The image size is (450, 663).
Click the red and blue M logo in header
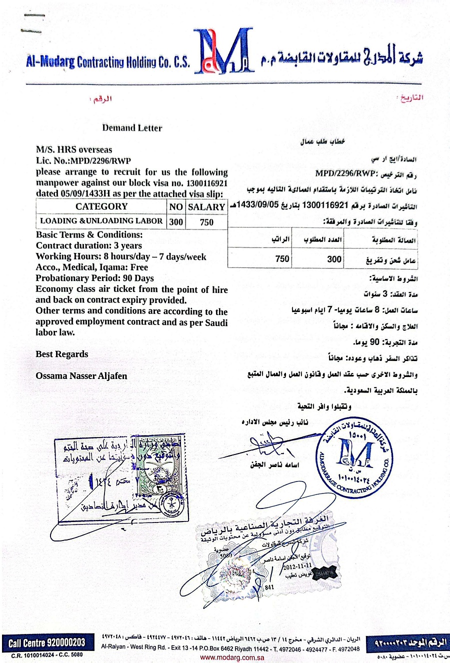223,51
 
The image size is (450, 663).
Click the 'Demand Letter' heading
132,128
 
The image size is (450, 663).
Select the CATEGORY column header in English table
101,206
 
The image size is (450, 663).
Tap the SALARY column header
206,207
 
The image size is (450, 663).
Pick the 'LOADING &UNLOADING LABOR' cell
101,221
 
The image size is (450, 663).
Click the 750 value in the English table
206,222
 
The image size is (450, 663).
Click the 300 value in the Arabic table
334,259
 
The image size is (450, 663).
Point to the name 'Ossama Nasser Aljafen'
81,375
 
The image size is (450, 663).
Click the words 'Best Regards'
62,354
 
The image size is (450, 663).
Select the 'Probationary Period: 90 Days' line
95,278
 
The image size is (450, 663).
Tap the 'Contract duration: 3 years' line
89,245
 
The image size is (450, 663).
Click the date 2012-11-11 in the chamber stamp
297,566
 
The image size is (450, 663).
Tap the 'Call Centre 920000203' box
47,642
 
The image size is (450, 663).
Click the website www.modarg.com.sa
232,657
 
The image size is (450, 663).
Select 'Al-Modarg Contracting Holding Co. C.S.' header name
108,62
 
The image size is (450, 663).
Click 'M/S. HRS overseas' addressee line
74,149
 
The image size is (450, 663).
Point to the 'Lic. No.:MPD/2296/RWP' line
83,160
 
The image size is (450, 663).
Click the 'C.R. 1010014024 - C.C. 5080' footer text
47,655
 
